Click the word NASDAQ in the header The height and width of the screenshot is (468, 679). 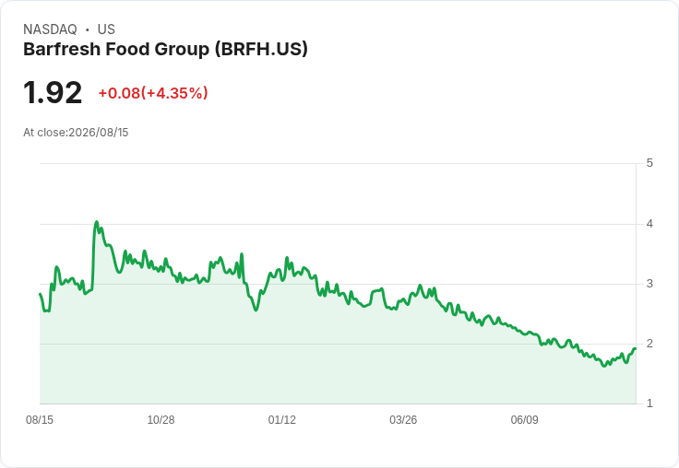[50, 29]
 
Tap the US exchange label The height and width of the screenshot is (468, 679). [106, 29]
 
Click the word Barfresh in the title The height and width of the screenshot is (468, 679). [62, 50]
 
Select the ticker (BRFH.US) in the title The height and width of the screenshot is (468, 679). [261, 50]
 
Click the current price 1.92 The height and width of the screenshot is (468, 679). [53, 92]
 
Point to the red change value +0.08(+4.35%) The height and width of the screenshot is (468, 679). [153, 93]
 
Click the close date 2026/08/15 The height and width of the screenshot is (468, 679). [99, 133]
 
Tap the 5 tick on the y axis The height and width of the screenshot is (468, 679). [649, 163]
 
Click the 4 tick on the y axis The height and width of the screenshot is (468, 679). [649, 224]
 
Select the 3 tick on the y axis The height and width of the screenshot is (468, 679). [649, 284]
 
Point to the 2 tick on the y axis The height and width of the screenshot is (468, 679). [649, 344]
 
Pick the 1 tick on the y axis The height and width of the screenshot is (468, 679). [649, 404]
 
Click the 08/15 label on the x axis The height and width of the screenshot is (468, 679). [40, 420]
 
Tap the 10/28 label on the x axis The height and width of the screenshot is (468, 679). [161, 420]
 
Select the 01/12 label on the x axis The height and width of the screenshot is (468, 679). [282, 420]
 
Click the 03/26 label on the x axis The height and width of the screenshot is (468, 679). [403, 420]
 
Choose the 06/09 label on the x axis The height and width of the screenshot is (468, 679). [524, 420]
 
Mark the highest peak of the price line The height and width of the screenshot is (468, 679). [97, 222]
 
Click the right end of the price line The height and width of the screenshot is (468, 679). [636, 348]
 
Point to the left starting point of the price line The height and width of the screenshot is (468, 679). [40, 294]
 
